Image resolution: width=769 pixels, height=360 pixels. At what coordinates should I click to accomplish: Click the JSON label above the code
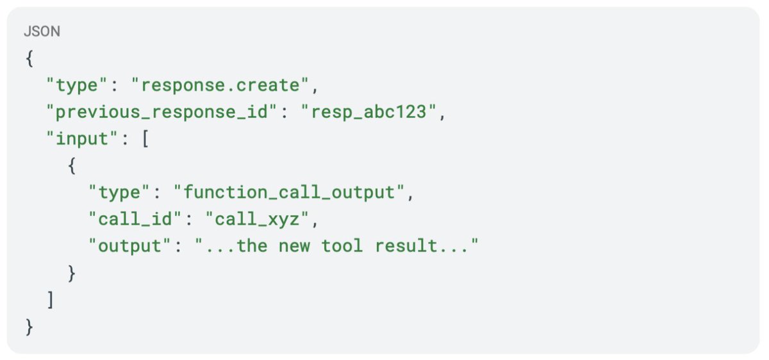pyautogui.click(x=42, y=31)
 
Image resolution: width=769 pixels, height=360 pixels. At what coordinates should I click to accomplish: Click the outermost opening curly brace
pyautogui.click(x=29, y=58)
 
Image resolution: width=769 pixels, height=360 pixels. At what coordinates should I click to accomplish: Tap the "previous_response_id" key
pyautogui.click(x=161, y=112)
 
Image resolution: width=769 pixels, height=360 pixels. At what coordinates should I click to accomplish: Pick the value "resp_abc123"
pyautogui.click(x=368, y=112)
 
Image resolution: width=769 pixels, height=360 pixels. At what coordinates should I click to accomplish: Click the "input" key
pyautogui.click(x=82, y=139)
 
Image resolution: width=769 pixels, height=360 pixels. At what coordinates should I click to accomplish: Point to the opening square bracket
pyautogui.click(x=145, y=139)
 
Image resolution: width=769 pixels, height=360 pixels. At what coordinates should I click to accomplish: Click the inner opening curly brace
pyautogui.click(x=72, y=166)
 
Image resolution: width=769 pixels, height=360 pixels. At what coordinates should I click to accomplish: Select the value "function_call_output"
pyautogui.click(x=289, y=193)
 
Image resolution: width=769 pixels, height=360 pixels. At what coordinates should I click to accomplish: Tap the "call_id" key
pyautogui.click(x=135, y=219)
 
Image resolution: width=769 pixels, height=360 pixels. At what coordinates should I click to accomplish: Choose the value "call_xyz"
pyautogui.click(x=257, y=219)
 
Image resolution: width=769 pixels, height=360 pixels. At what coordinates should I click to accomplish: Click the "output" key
pyautogui.click(x=129, y=246)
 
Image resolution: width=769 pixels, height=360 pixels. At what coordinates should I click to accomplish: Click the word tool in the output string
pyautogui.click(x=342, y=246)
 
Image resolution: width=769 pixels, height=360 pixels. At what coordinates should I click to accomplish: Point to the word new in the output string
pyautogui.click(x=294, y=247)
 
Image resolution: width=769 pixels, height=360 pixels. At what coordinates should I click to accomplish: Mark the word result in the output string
pyautogui.click(x=406, y=246)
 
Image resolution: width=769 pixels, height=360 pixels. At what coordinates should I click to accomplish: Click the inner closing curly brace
pyautogui.click(x=72, y=273)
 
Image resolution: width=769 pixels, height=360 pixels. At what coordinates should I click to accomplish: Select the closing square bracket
pyautogui.click(x=51, y=300)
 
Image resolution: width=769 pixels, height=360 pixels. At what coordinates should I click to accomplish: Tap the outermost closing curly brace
pyautogui.click(x=29, y=327)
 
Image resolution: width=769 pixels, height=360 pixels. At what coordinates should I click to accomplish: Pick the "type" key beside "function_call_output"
pyautogui.click(x=119, y=193)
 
